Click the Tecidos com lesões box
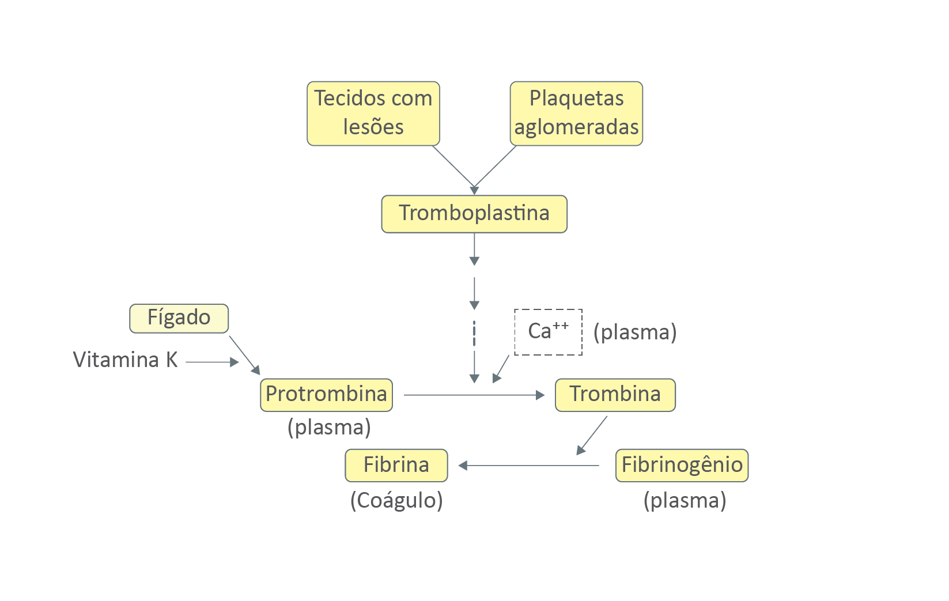(x=373, y=114)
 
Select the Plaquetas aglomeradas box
(x=576, y=114)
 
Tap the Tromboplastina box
(x=474, y=214)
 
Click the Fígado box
(x=179, y=318)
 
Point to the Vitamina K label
(x=125, y=360)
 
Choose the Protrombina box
(x=326, y=395)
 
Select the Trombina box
(x=615, y=395)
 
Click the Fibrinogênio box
(x=682, y=465)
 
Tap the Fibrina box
(x=396, y=465)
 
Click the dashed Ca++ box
(x=548, y=332)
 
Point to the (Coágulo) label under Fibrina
(x=396, y=500)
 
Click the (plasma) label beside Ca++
(x=635, y=332)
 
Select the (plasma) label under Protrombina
(x=329, y=428)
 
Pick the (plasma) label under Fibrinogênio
(x=685, y=500)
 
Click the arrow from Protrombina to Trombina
(x=474, y=395)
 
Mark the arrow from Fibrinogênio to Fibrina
(x=529, y=466)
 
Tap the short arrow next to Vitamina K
(x=211, y=362)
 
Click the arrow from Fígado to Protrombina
(x=244, y=355)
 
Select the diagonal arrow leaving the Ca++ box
(x=501, y=369)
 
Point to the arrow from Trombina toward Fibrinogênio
(x=592, y=436)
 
